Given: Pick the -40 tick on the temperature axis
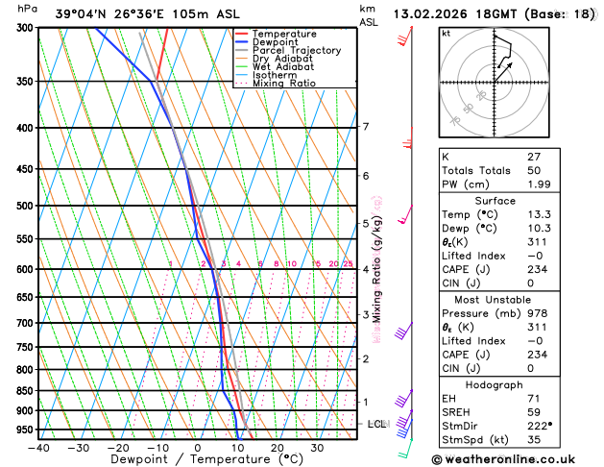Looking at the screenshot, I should click(x=38, y=447).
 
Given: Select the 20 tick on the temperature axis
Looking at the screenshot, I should click(x=277, y=447).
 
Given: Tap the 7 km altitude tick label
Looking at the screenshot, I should click(x=365, y=127).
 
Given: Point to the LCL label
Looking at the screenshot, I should click(x=376, y=424).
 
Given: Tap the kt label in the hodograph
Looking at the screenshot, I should click(x=447, y=34).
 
